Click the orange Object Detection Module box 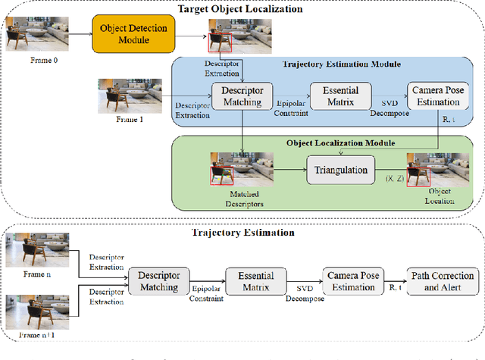pyautogui.click(x=133, y=33)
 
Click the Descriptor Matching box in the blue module pyautogui.click(x=242, y=95)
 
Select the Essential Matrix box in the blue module pyautogui.click(x=339, y=95)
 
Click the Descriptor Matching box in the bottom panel pyautogui.click(x=158, y=281)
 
